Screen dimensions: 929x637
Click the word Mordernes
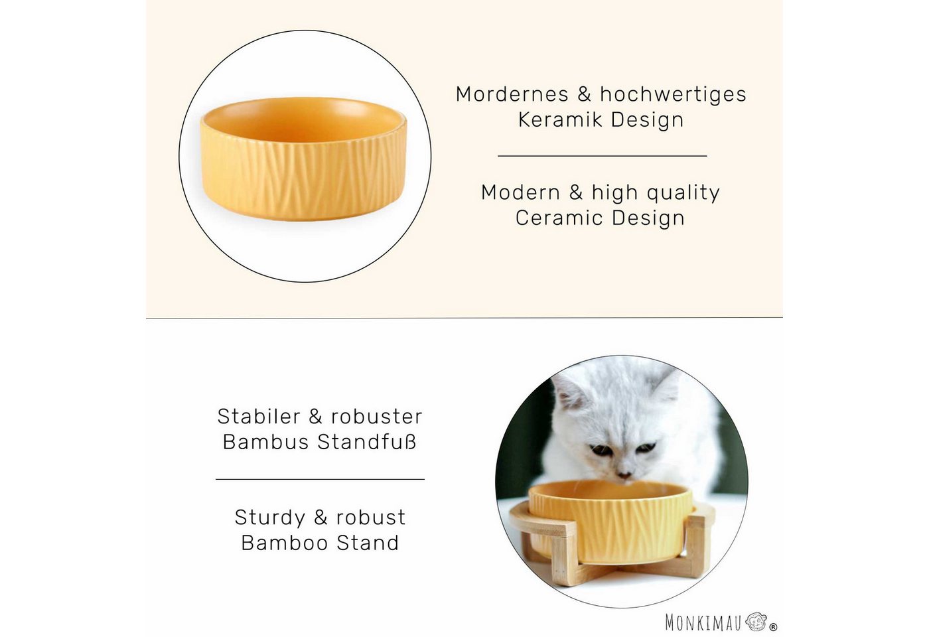(x=512, y=94)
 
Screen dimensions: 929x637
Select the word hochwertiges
(x=673, y=95)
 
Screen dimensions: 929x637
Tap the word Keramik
(x=560, y=120)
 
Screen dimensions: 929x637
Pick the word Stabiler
(x=259, y=417)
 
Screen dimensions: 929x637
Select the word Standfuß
(x=367, y=442)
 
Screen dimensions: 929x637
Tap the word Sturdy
(x=270, y=518)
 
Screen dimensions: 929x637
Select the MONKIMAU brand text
(x=703, y=623)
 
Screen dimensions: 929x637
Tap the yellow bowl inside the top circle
(x=304, y=159)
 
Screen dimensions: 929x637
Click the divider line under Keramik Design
(x=603, y=156)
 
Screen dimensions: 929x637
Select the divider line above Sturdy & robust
(x=320, y=479)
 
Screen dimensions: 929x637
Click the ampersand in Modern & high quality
(x=576, y=193)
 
